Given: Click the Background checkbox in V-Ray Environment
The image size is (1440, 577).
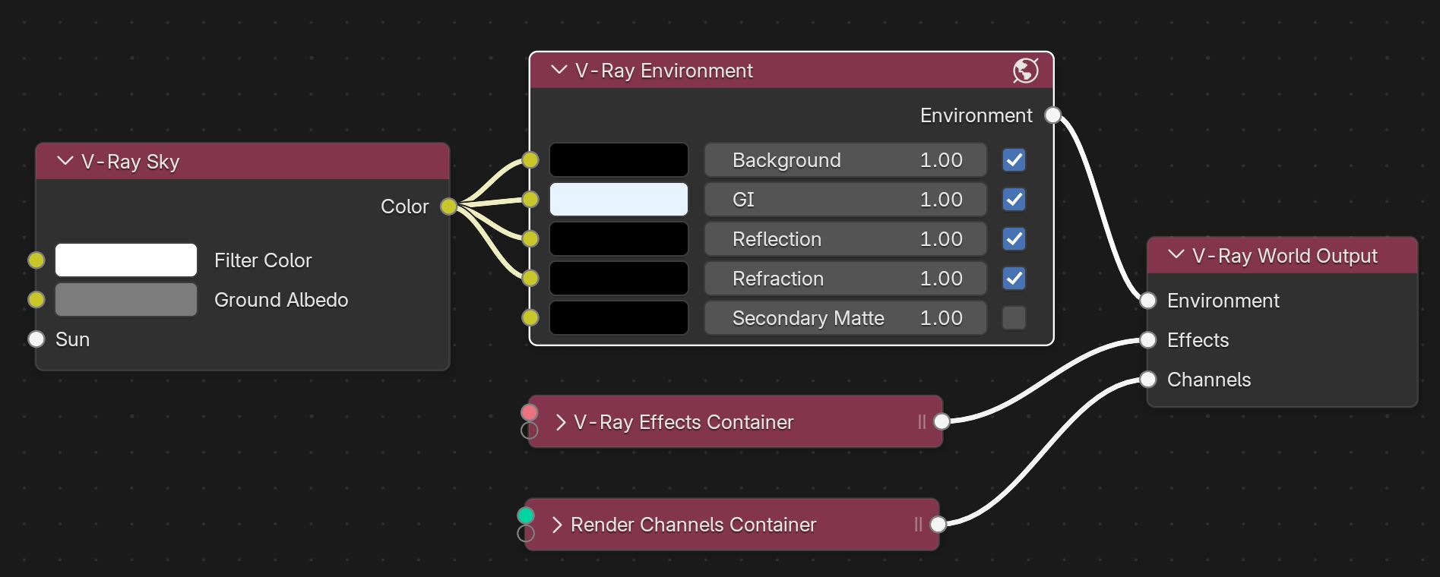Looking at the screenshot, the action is (x=1014, y=160).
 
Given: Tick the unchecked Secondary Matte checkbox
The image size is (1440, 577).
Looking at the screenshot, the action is (x=1014, y=318).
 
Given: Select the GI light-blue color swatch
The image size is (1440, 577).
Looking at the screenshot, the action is (x=619, y=200).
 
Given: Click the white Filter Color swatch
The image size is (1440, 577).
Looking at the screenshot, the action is (x=126, y=260).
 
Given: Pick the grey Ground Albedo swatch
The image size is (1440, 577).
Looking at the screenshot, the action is (x=126, y=300).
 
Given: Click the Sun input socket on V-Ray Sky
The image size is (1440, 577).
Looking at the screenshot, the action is (x=36, y=339).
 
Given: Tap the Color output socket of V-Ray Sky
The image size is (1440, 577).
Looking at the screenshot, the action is (x=448, y=207).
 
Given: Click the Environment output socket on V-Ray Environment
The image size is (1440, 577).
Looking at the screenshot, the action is (x=1052, y=115).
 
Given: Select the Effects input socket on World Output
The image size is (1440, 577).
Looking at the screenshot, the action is (x=1147, y=340).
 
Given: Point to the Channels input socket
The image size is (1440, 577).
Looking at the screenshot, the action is (x=1147, y=380).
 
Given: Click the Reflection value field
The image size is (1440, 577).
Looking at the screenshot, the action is (x=845, y=239).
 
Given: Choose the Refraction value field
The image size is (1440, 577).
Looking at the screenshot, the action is (x=845, y=279).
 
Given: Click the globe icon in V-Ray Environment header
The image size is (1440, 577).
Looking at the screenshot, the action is (x=1025, y=71).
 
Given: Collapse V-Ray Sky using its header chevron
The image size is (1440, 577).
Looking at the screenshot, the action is (x=65, y=161).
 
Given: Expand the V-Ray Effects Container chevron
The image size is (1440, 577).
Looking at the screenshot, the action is (x=561, y=422).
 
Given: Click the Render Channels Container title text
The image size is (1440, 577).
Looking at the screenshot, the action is (x=693, y=525).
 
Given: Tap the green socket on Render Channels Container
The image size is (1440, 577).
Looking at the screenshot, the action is (x=526, y=516).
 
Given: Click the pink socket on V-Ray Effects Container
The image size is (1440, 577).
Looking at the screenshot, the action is (x=530, y=412).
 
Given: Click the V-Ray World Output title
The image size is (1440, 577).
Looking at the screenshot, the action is (x=1284, y=256).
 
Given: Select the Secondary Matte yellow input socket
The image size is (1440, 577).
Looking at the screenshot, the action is (x=530, y=317).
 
